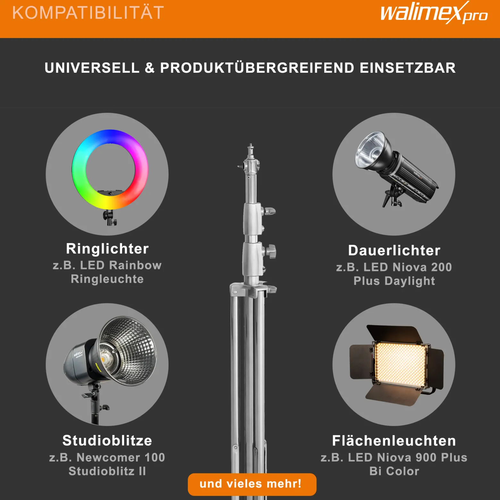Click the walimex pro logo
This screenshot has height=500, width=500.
coord(434,13)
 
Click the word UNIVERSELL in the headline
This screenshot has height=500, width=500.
coord(92,68)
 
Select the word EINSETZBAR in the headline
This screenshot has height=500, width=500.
coord(408,68)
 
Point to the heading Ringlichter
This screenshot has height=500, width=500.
coord(107,249)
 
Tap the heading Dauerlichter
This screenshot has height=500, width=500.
coord(394,250)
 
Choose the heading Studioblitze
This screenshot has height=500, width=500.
coord(107,440)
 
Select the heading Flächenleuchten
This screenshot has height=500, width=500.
coord(394,440)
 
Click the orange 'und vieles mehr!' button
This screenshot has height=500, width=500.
coord(252,484)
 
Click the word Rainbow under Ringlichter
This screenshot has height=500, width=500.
coord(135,265)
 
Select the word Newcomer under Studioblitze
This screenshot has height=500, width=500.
coord(108,457)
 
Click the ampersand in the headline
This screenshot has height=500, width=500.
coord(150,68)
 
